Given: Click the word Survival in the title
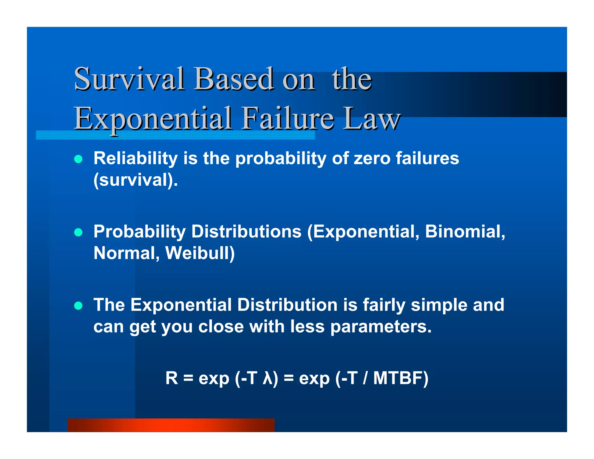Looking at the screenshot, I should click(x=129, y=79).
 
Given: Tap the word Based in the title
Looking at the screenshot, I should click(x=234, y=79).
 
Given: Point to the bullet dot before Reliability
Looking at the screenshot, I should click(x=78, y=159).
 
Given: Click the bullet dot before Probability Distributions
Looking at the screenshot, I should click(x=78, y=232).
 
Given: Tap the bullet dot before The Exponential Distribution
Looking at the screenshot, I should click(x=78, y=306).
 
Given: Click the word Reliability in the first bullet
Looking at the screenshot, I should click(x=135, y=158).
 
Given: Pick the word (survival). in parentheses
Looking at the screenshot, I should click(x=135, y=180).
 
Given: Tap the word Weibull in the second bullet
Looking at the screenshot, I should click(x=200, y=253).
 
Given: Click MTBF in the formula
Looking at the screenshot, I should click(x=397, y=378).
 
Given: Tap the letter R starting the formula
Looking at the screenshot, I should click(x=171, y=378).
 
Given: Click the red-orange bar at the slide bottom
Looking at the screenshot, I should click(x=171, y=425).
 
